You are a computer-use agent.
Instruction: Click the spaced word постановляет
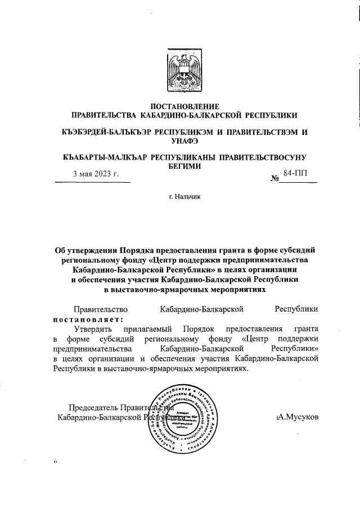click(x=87, y=318)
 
